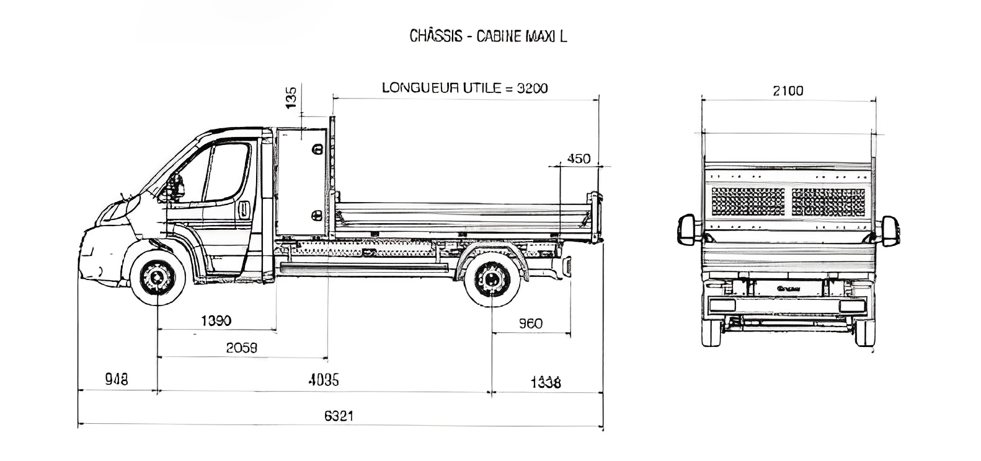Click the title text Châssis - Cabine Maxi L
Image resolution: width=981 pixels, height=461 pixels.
[x=488, y=36]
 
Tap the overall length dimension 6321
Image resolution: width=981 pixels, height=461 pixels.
[x=339, y=415]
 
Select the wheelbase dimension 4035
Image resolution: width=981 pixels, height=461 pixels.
[x=324, y=380]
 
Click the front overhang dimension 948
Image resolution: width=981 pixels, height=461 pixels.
[x=117, y=379]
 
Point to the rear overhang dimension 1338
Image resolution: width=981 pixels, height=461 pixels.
[x=545, y=382]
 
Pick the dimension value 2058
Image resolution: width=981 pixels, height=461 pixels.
[x=241, y=348]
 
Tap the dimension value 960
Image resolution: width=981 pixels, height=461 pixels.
[x=530, y=323]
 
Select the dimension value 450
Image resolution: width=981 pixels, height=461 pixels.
[x=579, y=159]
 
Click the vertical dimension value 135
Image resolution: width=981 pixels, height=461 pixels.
[x=291, y=97]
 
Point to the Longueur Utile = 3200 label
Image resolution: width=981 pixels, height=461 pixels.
[x=464, y=88]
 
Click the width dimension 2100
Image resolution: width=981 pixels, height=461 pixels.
[x=788, y=91]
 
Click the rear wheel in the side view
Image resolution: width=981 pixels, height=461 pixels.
[x=492, y=278]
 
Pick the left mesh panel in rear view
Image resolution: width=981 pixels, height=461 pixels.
[x=748, y=201]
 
